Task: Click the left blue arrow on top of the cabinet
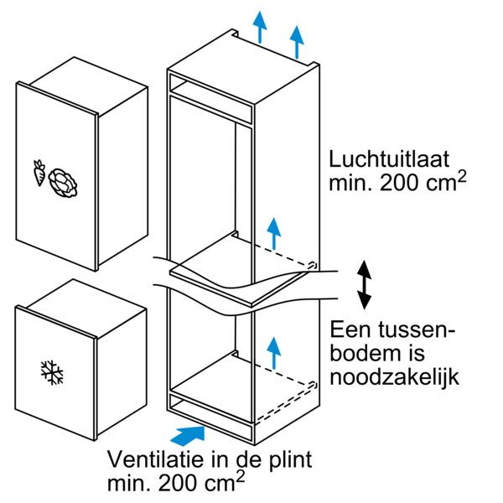[261, 28]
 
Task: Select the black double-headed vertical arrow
[365, 285]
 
